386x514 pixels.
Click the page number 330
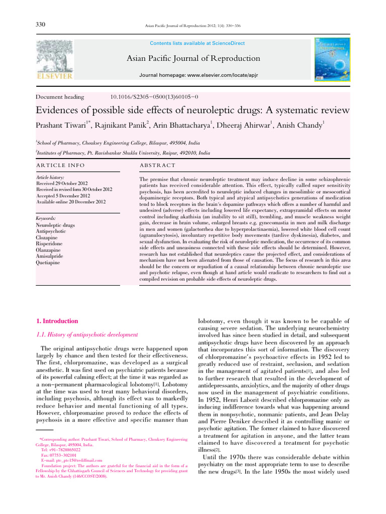41,25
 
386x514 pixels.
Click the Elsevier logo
55,60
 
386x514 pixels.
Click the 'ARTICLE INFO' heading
60,165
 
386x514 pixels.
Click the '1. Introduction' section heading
58,321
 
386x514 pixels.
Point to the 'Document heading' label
60,97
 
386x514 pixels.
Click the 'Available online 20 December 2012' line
71,202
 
